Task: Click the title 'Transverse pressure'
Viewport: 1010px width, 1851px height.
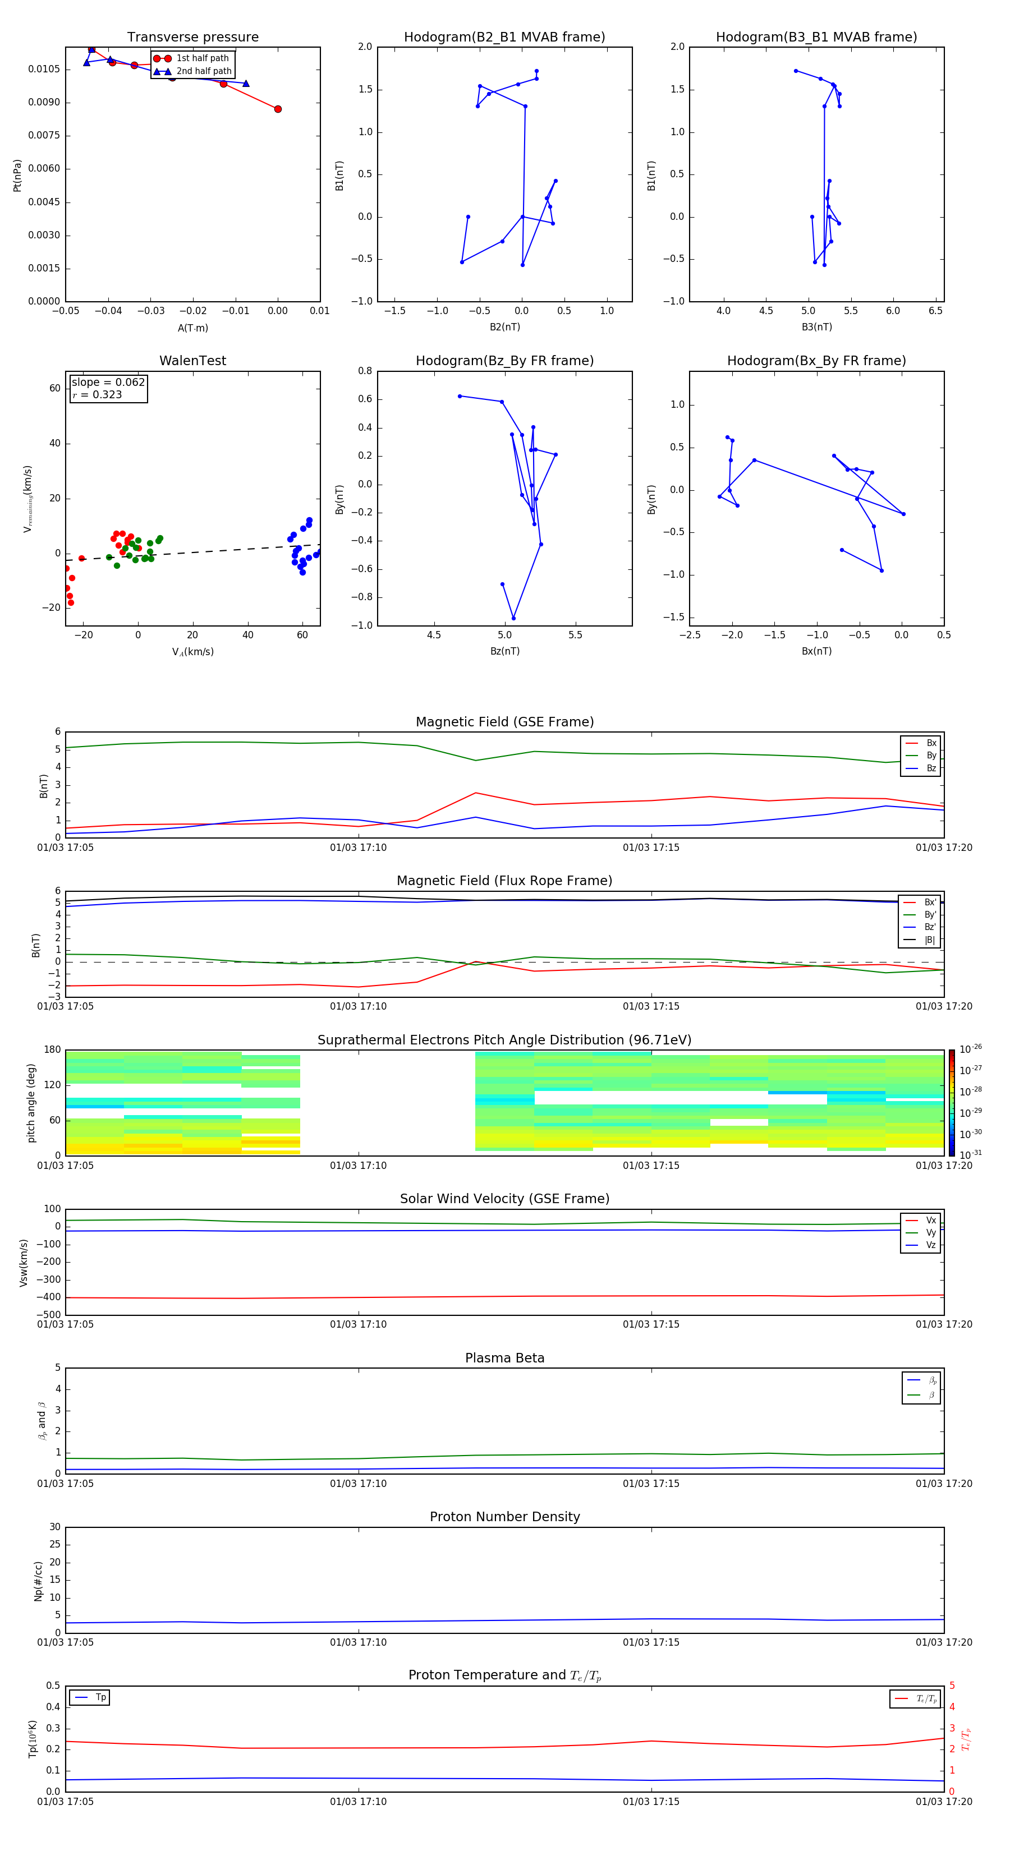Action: coord(192,38)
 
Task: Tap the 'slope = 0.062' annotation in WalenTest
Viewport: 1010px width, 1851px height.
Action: coord(108,383)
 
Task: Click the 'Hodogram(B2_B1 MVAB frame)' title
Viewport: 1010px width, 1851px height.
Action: coord(504,38)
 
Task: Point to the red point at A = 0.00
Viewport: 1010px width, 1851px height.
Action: coord(278,109)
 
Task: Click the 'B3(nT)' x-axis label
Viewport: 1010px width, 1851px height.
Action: coord(816,327)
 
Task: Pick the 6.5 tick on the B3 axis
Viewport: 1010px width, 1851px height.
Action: coord(935,311)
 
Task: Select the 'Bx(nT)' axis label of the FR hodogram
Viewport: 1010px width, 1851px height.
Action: coord(816,651)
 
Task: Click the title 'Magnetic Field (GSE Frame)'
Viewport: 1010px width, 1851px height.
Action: coord(504,722)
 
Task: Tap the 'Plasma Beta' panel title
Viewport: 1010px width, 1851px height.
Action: coord(504,1358)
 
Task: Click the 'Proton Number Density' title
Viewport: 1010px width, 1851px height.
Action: coord(504,1517)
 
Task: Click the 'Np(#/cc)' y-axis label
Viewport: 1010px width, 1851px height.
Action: coord(39,1581)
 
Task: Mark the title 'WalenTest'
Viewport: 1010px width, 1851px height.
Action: coord(192,361)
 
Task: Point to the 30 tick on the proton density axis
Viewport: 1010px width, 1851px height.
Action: coord(54,1527)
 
